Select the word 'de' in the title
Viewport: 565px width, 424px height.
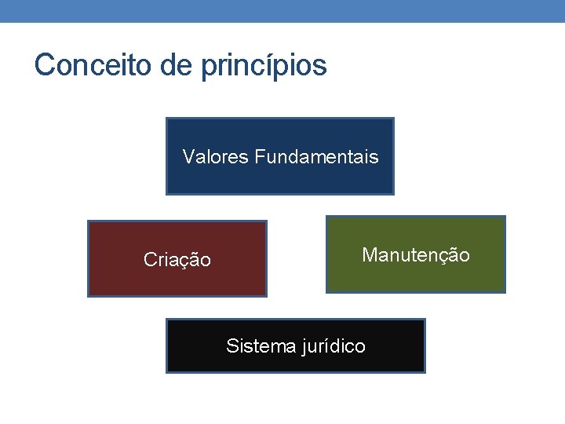pos(177,65)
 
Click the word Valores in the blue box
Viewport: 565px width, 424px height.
pos(215,157)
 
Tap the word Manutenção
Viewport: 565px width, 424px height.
pos(416,255)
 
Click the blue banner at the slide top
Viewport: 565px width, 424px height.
pos(282,10)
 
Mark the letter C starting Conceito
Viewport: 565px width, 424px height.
pos(44,65)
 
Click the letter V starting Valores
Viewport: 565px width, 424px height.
pos(188,157)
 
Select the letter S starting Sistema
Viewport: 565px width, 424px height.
pos(232,345)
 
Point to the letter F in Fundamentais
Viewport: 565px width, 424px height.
pos(259,157)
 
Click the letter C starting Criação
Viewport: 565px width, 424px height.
pos(150,260)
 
